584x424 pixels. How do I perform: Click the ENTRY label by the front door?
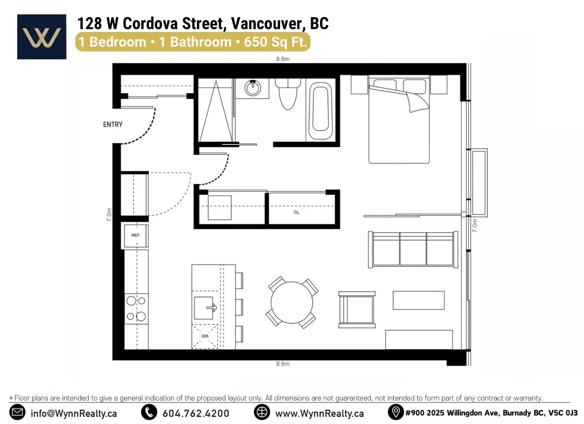[x=113, y=125]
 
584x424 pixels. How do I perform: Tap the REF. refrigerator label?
[x=135, y=235]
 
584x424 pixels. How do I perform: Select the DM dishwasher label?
[x=205, y=336]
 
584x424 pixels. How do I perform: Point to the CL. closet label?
[x=297, y=212]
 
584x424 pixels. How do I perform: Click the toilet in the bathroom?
[x=288, y=94]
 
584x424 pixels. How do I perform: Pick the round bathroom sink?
[x=253, y=88]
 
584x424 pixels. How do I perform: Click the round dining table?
[x=292, y=303]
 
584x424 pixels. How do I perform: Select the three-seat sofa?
[x=413, y=249]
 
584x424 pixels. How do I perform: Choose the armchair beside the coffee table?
[x=357, y=310]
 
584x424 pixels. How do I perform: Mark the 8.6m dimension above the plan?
[x=283, y=59]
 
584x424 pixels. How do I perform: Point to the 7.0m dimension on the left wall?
[x=109, y=215]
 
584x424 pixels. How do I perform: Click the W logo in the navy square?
[x=42, y=38]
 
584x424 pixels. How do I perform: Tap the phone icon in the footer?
[x=149, y=413]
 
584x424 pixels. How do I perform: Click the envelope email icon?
[x=17, y=413]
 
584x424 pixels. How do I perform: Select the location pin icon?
[x=396, y=413]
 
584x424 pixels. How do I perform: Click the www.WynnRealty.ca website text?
[x=319, y=413]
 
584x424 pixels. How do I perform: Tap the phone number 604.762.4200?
[x=196, y=413]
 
